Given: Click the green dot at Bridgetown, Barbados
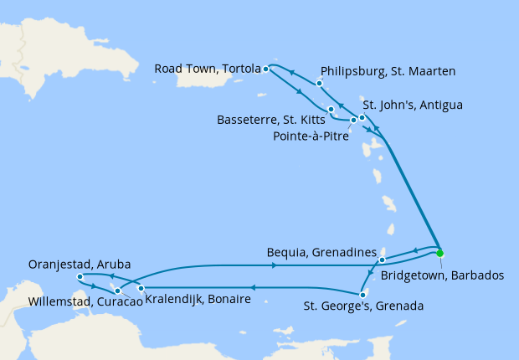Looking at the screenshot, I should [439, 253].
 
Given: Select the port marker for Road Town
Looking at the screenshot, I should [265, 69].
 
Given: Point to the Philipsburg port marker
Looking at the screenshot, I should [320, 84].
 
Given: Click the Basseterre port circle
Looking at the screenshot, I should [331, 110].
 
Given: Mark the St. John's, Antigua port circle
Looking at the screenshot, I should [362, 117].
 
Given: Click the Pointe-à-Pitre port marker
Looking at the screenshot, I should [353, 121].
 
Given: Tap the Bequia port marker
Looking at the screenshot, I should [382, 260].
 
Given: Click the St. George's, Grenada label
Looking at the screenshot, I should [363, 306].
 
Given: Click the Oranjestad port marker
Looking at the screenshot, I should [79, 277].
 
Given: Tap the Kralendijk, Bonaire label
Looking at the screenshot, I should [198, 299].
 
